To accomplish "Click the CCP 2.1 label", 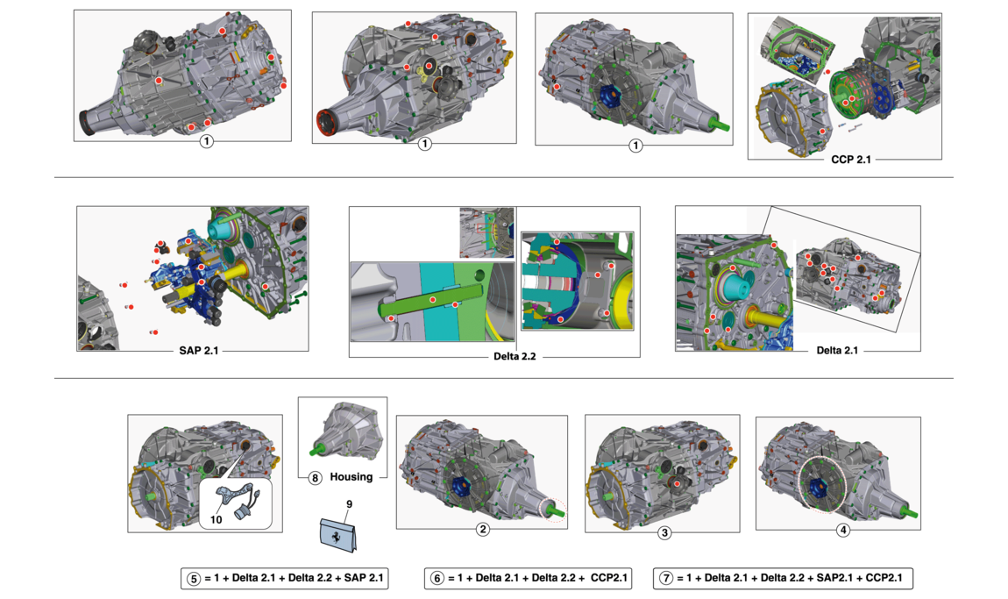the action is [850, 160].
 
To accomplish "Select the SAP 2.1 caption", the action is [199, 351].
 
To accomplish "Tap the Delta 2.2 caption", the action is [515, 356].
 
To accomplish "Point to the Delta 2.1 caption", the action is [837, 351].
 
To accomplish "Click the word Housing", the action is [351, 477].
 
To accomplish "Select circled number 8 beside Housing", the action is [315, 478].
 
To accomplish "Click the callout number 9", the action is [349, 504].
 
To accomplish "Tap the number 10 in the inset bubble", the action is [216, 519].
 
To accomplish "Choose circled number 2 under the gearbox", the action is [482, 530].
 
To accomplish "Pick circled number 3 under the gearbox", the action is [664, 532].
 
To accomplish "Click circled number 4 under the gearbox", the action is [842, 531].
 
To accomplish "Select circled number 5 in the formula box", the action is [194, 579].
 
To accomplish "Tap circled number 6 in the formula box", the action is [437, 579].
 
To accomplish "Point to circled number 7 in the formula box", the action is [666, 579].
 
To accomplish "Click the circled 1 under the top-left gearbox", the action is [206, 141].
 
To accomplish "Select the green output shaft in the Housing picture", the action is [316, 451].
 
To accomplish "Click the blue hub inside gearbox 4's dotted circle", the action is [819, 486].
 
